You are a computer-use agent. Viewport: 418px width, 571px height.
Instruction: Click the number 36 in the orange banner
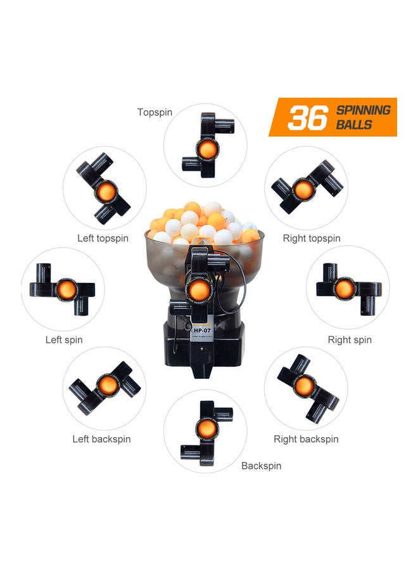click(308, 118)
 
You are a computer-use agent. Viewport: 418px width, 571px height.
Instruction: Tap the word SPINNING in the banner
click(363, 110)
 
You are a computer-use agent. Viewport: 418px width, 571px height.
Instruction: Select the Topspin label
click(155, 112)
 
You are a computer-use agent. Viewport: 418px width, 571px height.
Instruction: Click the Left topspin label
click(103, 239)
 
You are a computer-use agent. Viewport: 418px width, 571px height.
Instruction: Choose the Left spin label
click(64, 339)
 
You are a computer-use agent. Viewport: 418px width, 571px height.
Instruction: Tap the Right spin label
click(350, 339)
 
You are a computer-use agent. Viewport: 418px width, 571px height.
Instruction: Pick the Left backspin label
click(101, 439)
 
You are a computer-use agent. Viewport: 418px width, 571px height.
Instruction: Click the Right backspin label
click(306, 439)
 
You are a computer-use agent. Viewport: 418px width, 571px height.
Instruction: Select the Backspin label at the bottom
click(261, 466)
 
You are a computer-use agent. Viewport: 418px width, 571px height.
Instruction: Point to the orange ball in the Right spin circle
click(345, 289)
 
